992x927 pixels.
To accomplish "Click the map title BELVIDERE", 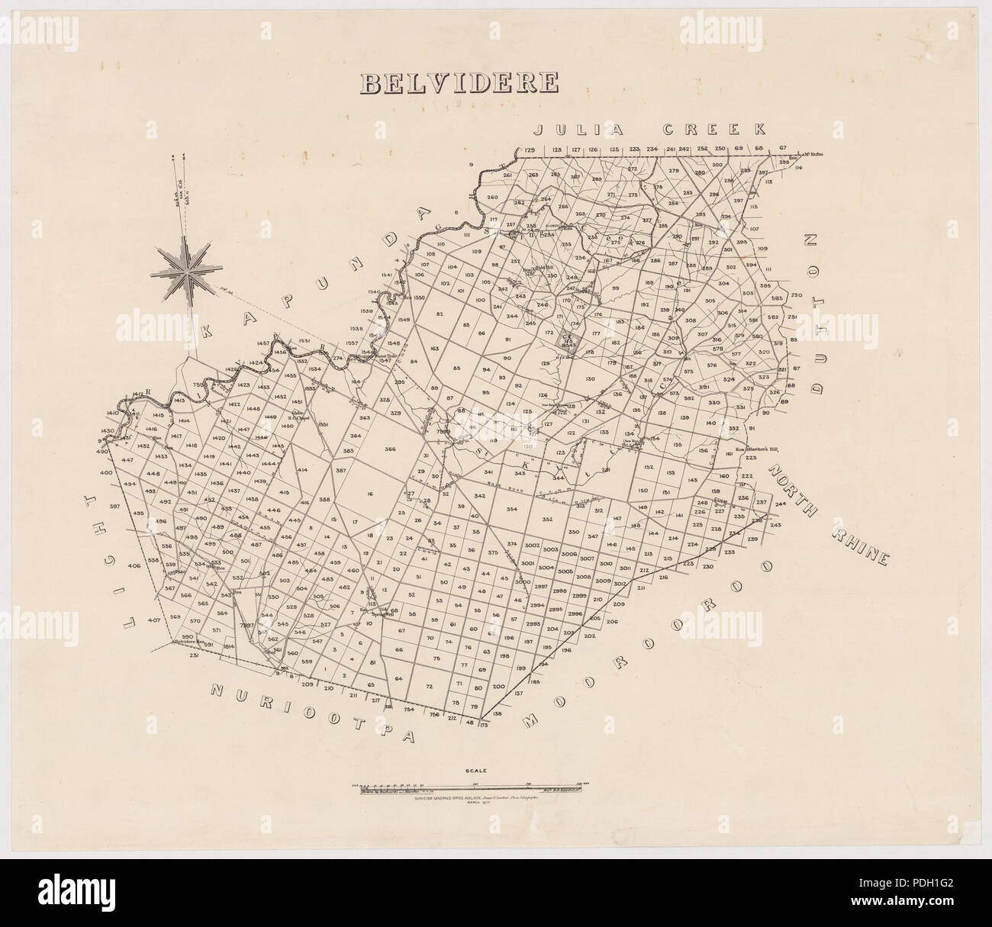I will (x=459, y=82).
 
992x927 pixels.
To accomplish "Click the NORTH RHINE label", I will (x=829, y=513).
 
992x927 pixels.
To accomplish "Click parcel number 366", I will (x=391, y=449).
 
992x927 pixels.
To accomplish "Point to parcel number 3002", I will (x=532, y=545).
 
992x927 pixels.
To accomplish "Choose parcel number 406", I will (x=135, y=565).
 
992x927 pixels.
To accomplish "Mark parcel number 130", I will (x=590, y=379).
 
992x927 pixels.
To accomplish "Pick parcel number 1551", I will (x=322, y=424).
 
